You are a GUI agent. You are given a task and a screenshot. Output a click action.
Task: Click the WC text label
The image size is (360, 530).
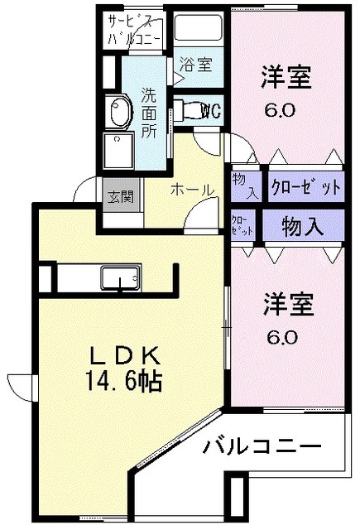[x=210, y=110]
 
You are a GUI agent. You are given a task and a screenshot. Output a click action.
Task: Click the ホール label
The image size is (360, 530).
[x=193, y=190]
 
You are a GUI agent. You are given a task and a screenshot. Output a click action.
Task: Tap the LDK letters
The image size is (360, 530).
[x=124, y=355]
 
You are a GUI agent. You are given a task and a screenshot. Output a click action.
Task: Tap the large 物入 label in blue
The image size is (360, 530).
[x=303, y=226]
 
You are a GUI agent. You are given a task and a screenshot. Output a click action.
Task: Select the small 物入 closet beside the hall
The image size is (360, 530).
[x=245, y=185]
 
